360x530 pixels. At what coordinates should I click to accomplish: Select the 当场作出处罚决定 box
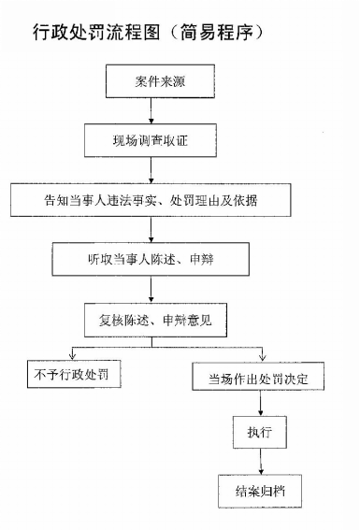point(259,380)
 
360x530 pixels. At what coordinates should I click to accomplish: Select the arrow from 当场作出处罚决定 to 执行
point(259,406)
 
